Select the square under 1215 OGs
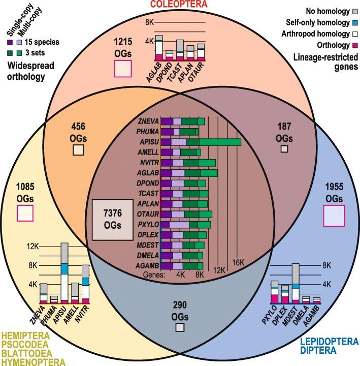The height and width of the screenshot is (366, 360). coord(122,67)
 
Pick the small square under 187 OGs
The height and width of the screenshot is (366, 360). coord(284,148)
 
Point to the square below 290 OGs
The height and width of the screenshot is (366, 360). coord(179,328)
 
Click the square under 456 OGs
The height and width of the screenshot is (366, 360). coord(78,149)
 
